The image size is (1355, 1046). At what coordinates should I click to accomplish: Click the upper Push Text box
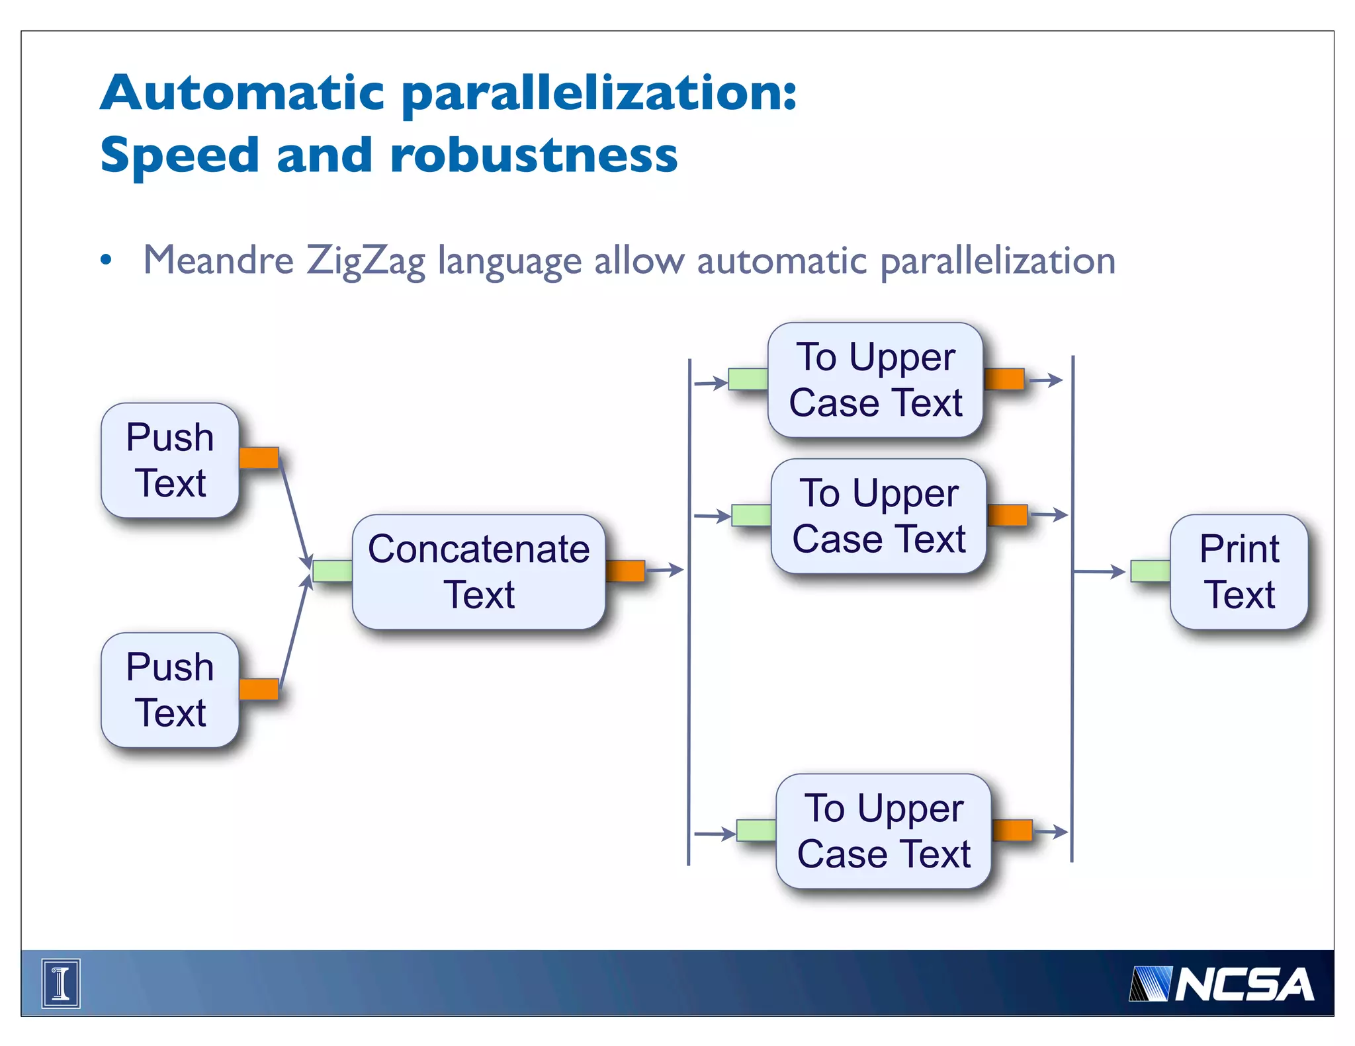[170, 460]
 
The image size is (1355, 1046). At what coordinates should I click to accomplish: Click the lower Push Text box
[170, 690]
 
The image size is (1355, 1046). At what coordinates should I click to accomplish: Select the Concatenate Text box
[478, 571]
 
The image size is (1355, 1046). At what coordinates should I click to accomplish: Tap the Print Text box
[1239, 571]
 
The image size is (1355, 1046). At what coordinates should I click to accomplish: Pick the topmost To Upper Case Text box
[875, 380]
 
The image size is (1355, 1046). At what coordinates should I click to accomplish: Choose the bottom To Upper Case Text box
[883, 830]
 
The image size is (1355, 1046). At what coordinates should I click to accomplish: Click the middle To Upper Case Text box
[879, 516]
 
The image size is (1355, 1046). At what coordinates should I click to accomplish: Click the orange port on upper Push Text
[259, 458]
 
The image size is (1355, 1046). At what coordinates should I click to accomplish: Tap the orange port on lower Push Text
[259, 688]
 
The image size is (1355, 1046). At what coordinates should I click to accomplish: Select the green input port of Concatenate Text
[332, 571]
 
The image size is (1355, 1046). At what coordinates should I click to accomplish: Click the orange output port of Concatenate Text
[625, 571]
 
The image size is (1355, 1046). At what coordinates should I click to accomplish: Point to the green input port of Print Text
[1150, 571]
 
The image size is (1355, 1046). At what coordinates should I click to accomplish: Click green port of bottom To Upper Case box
[756, 830]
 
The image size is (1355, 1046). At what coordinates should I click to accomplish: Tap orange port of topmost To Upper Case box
[1004, 380]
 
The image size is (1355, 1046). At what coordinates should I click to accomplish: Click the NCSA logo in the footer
[1221, 984]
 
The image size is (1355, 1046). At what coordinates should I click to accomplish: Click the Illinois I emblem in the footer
[61, 983]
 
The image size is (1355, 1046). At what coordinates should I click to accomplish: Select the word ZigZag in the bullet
[365, 261]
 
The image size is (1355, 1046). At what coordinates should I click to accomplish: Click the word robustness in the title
[533, 155]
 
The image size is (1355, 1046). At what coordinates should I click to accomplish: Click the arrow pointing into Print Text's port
[1100, 571]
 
